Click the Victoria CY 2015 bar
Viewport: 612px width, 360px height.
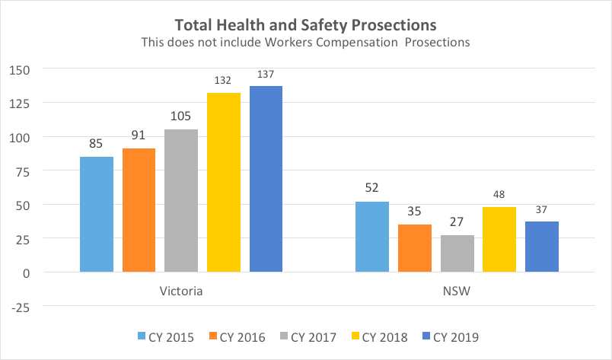coord(97,214)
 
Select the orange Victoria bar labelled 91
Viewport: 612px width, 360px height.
coord(139,210)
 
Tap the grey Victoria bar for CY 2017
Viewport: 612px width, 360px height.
coord(181,200)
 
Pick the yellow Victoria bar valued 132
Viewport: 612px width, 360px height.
coord(224,182)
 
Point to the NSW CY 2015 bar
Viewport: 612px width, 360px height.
coord(372,237)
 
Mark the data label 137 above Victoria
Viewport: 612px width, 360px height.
coord(266,75)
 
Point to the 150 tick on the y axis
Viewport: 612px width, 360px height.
coord(18,70)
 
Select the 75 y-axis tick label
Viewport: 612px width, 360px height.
coord(22,171)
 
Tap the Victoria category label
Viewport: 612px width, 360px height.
coord(181,292)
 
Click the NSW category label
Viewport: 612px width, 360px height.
coord(457,292)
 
